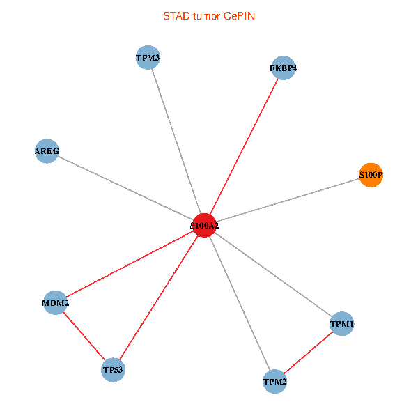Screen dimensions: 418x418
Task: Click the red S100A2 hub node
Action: [x=204, y=225]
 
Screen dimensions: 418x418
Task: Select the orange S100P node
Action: [x=371, y=175]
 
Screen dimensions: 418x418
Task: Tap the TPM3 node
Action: [x=148, y=57]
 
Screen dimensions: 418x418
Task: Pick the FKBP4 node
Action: [x=283, y=68]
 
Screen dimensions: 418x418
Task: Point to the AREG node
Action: [x=47, y=150]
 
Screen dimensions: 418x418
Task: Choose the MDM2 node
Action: [x=55, y=302]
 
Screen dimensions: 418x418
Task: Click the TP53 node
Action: [x=114, y=369]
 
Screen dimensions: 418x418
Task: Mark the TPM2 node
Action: [x=274, y=381]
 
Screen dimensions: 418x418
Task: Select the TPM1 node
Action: [x=341, y=324]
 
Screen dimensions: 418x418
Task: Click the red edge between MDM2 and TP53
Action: [x=84, y=336]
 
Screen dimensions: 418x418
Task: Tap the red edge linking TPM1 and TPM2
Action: [x=308, y=353]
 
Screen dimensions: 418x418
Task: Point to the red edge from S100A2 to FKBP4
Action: [x=244, y=146]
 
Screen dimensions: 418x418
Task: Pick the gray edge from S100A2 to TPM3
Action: [x=176, y=141]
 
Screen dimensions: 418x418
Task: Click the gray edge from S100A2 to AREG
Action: [x=125, y=188]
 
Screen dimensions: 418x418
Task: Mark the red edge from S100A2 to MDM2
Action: [x=130, y=263]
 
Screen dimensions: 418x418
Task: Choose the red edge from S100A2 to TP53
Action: [x=159, y=297]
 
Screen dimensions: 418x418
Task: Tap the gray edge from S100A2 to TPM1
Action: [x=272, y=274]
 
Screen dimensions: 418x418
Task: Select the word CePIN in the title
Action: [x=239, y=15]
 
